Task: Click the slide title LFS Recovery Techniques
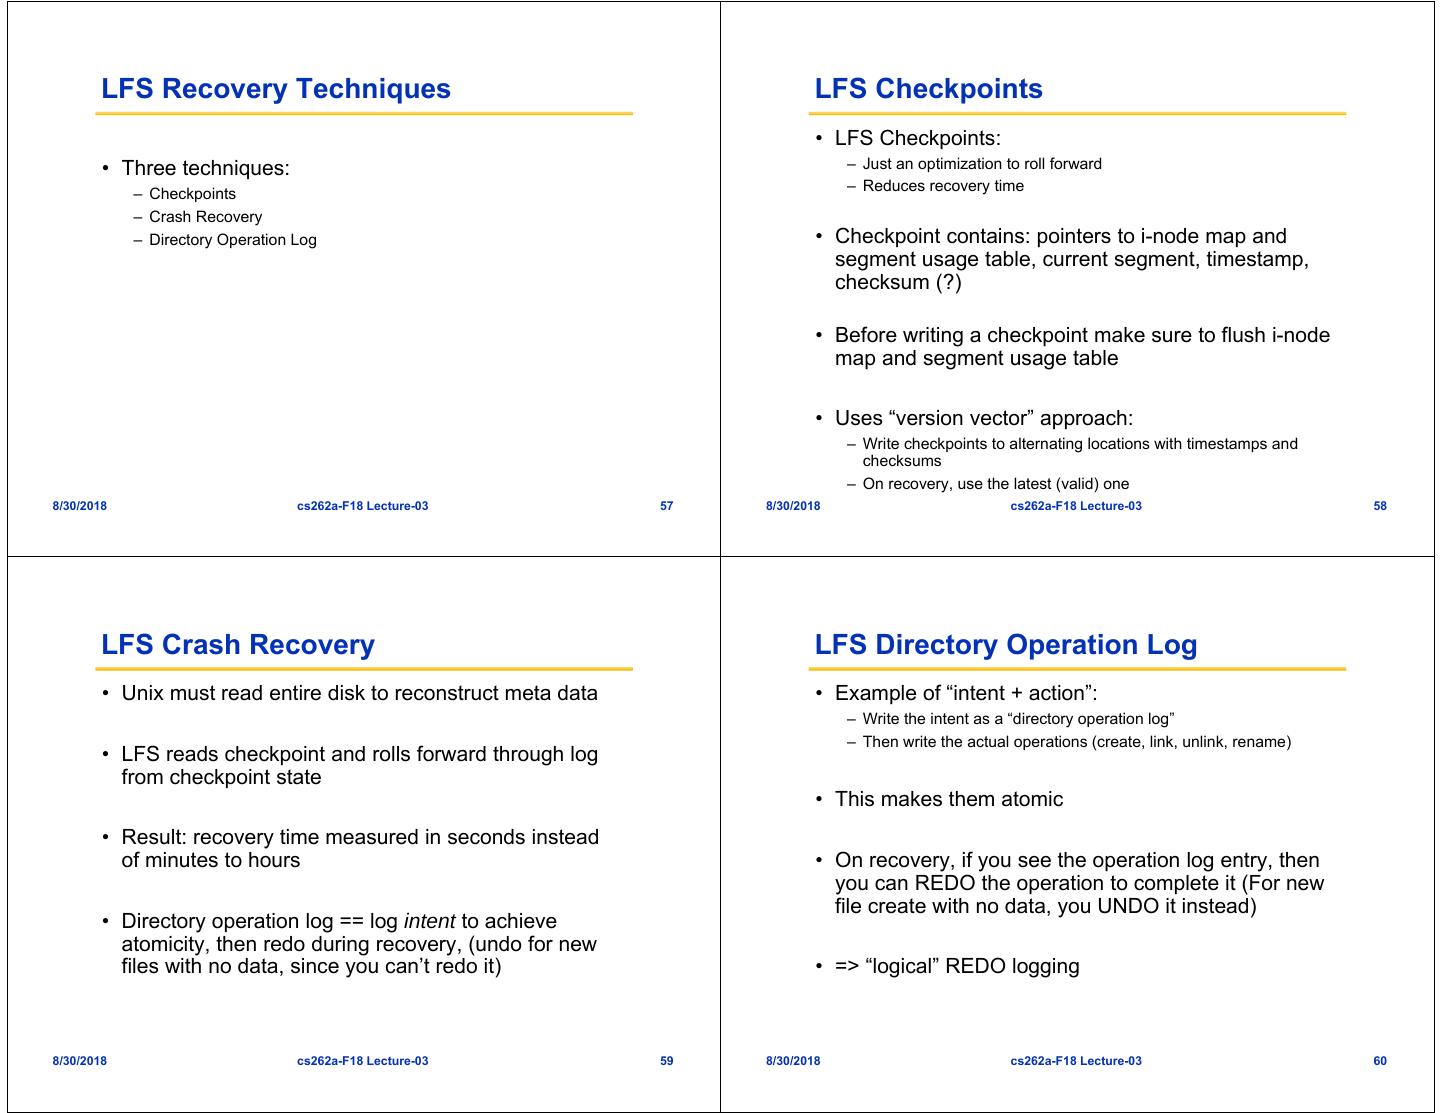276,89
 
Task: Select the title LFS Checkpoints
928,89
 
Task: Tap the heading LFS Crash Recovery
238,645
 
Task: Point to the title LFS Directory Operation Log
1005,645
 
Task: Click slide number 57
666,506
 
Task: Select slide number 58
1379,506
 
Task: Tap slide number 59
666,1061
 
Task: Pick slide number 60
1379,1061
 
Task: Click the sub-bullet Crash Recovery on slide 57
205,217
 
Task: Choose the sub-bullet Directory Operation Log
232,240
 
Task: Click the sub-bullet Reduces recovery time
943,186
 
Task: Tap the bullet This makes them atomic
948,799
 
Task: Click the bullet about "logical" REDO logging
956,967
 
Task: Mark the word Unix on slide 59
142,693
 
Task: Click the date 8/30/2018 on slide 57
79,506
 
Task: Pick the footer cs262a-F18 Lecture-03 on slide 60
1075,1061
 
